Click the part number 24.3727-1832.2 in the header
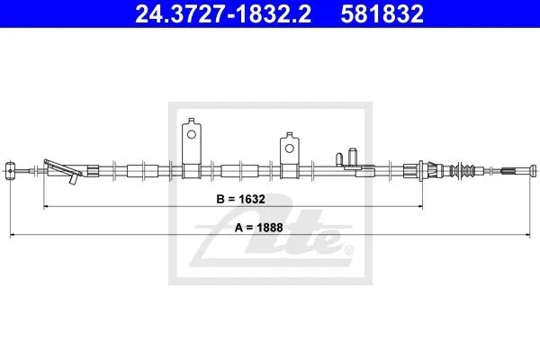coord(223,13)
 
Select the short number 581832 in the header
coord(382,13)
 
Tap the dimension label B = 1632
coord(240,199)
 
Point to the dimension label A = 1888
coord(258,228)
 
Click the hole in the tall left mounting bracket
coord(192,134)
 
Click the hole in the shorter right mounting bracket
coord(290,148)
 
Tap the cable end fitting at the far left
coord(10,170)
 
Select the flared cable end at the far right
coord(533,170)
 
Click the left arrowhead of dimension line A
coord(13,235)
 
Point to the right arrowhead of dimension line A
coord(527,235)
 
